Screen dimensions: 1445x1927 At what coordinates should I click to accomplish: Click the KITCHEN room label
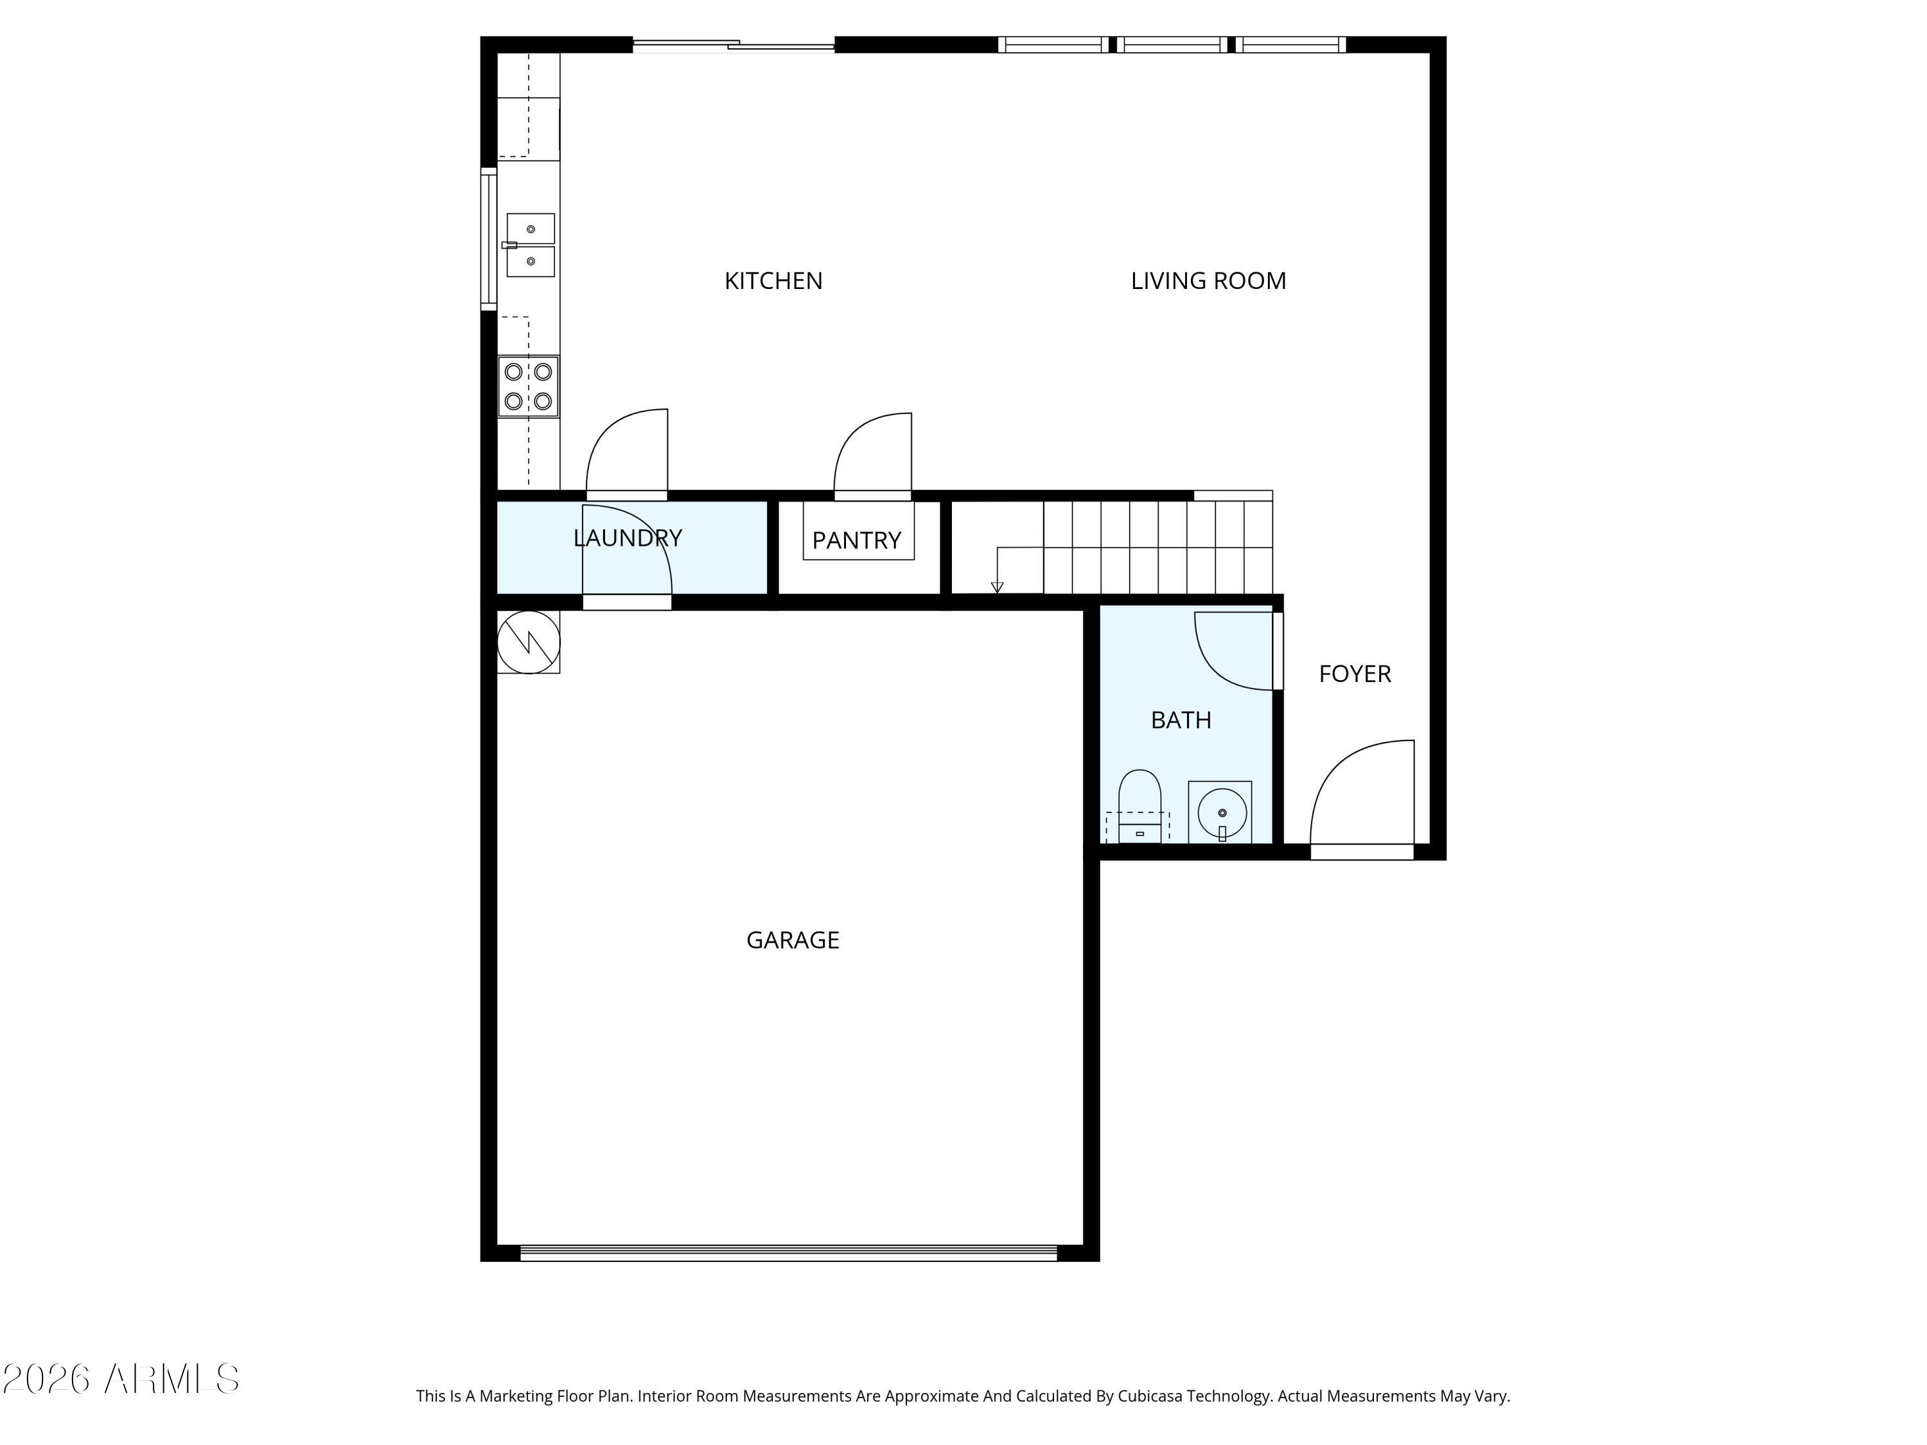(773, 281)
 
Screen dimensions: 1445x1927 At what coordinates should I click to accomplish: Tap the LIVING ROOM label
(1208, 281)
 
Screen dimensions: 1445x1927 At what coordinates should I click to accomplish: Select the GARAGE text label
(792, 940)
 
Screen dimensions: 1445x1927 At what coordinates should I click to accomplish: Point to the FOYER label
(1354, 673)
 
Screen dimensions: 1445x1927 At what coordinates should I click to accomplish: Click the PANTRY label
(856, 540)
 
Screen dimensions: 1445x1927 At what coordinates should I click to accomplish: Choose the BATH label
(1181, 719)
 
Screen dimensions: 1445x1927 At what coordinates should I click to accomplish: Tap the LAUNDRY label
(627, 538)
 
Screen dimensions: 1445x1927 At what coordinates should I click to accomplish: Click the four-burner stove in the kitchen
(528, 386)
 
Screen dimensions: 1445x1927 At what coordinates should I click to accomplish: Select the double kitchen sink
(530, 245)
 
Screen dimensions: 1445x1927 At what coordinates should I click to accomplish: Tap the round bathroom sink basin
(1221, 812)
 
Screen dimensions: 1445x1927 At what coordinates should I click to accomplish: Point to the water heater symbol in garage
(528, 642)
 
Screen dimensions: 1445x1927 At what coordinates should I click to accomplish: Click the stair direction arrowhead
(997, 587)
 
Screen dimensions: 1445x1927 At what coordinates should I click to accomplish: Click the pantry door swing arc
(871, 453)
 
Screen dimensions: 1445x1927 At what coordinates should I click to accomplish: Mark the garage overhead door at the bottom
(788, 1252)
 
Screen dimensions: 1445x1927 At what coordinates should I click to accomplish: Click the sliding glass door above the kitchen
(733, 44)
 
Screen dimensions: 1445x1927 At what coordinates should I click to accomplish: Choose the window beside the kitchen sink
(489, 239)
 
